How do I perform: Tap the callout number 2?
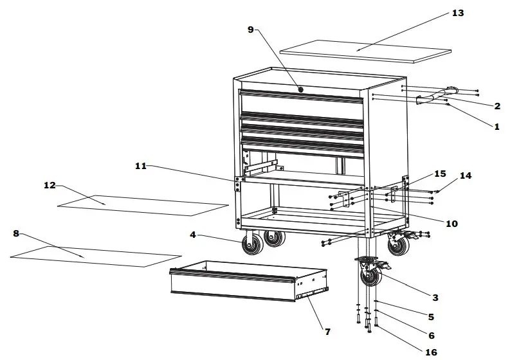coord(497,106)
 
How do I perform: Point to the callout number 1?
coord(496,127)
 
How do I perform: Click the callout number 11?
coord(141,166)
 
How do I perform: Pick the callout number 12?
coord(50,186)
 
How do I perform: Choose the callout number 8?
coord(16,233)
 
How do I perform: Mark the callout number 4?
coord(192,235)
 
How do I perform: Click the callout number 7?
coord(327,332)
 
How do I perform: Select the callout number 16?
coord(431,352)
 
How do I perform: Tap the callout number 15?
coord(439,174)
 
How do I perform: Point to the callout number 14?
coord(466,175)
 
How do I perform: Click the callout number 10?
coord(451,224)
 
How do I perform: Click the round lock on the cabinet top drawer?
coord(301,88)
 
